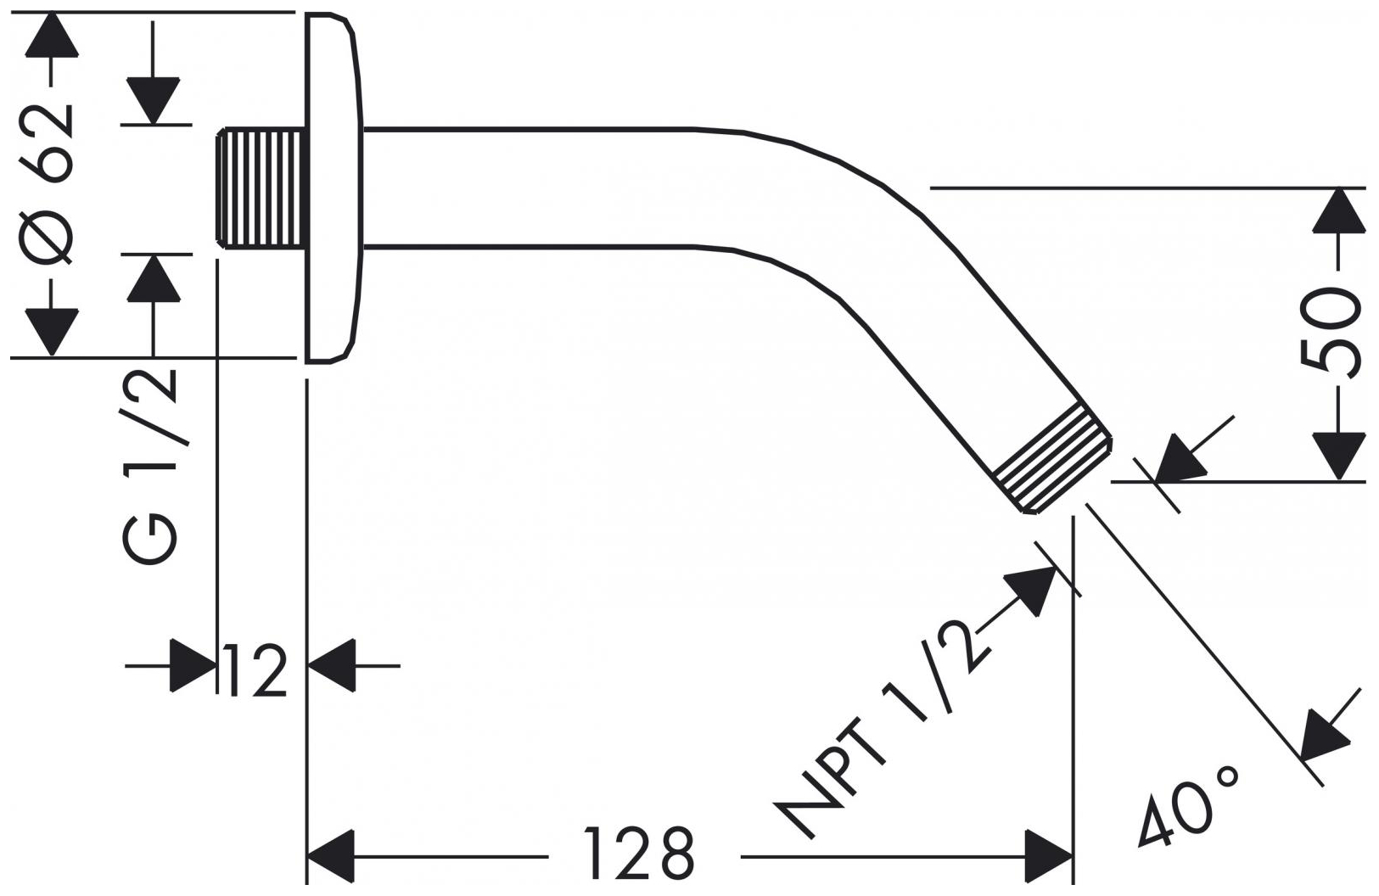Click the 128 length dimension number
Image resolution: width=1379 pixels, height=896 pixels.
point(639,854)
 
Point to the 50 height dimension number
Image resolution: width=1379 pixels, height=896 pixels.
point(1331,332)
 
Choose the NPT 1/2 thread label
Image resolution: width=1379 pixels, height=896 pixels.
point(883,730)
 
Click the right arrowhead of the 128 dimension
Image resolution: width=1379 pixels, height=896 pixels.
point(1049,857)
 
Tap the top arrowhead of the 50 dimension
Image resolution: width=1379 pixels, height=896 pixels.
point(1338,210)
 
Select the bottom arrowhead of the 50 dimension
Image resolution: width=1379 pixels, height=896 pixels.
point(1338,456)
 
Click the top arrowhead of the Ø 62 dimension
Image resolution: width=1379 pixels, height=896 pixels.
point(52,36)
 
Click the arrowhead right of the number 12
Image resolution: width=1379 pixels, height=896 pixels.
point(331,666)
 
